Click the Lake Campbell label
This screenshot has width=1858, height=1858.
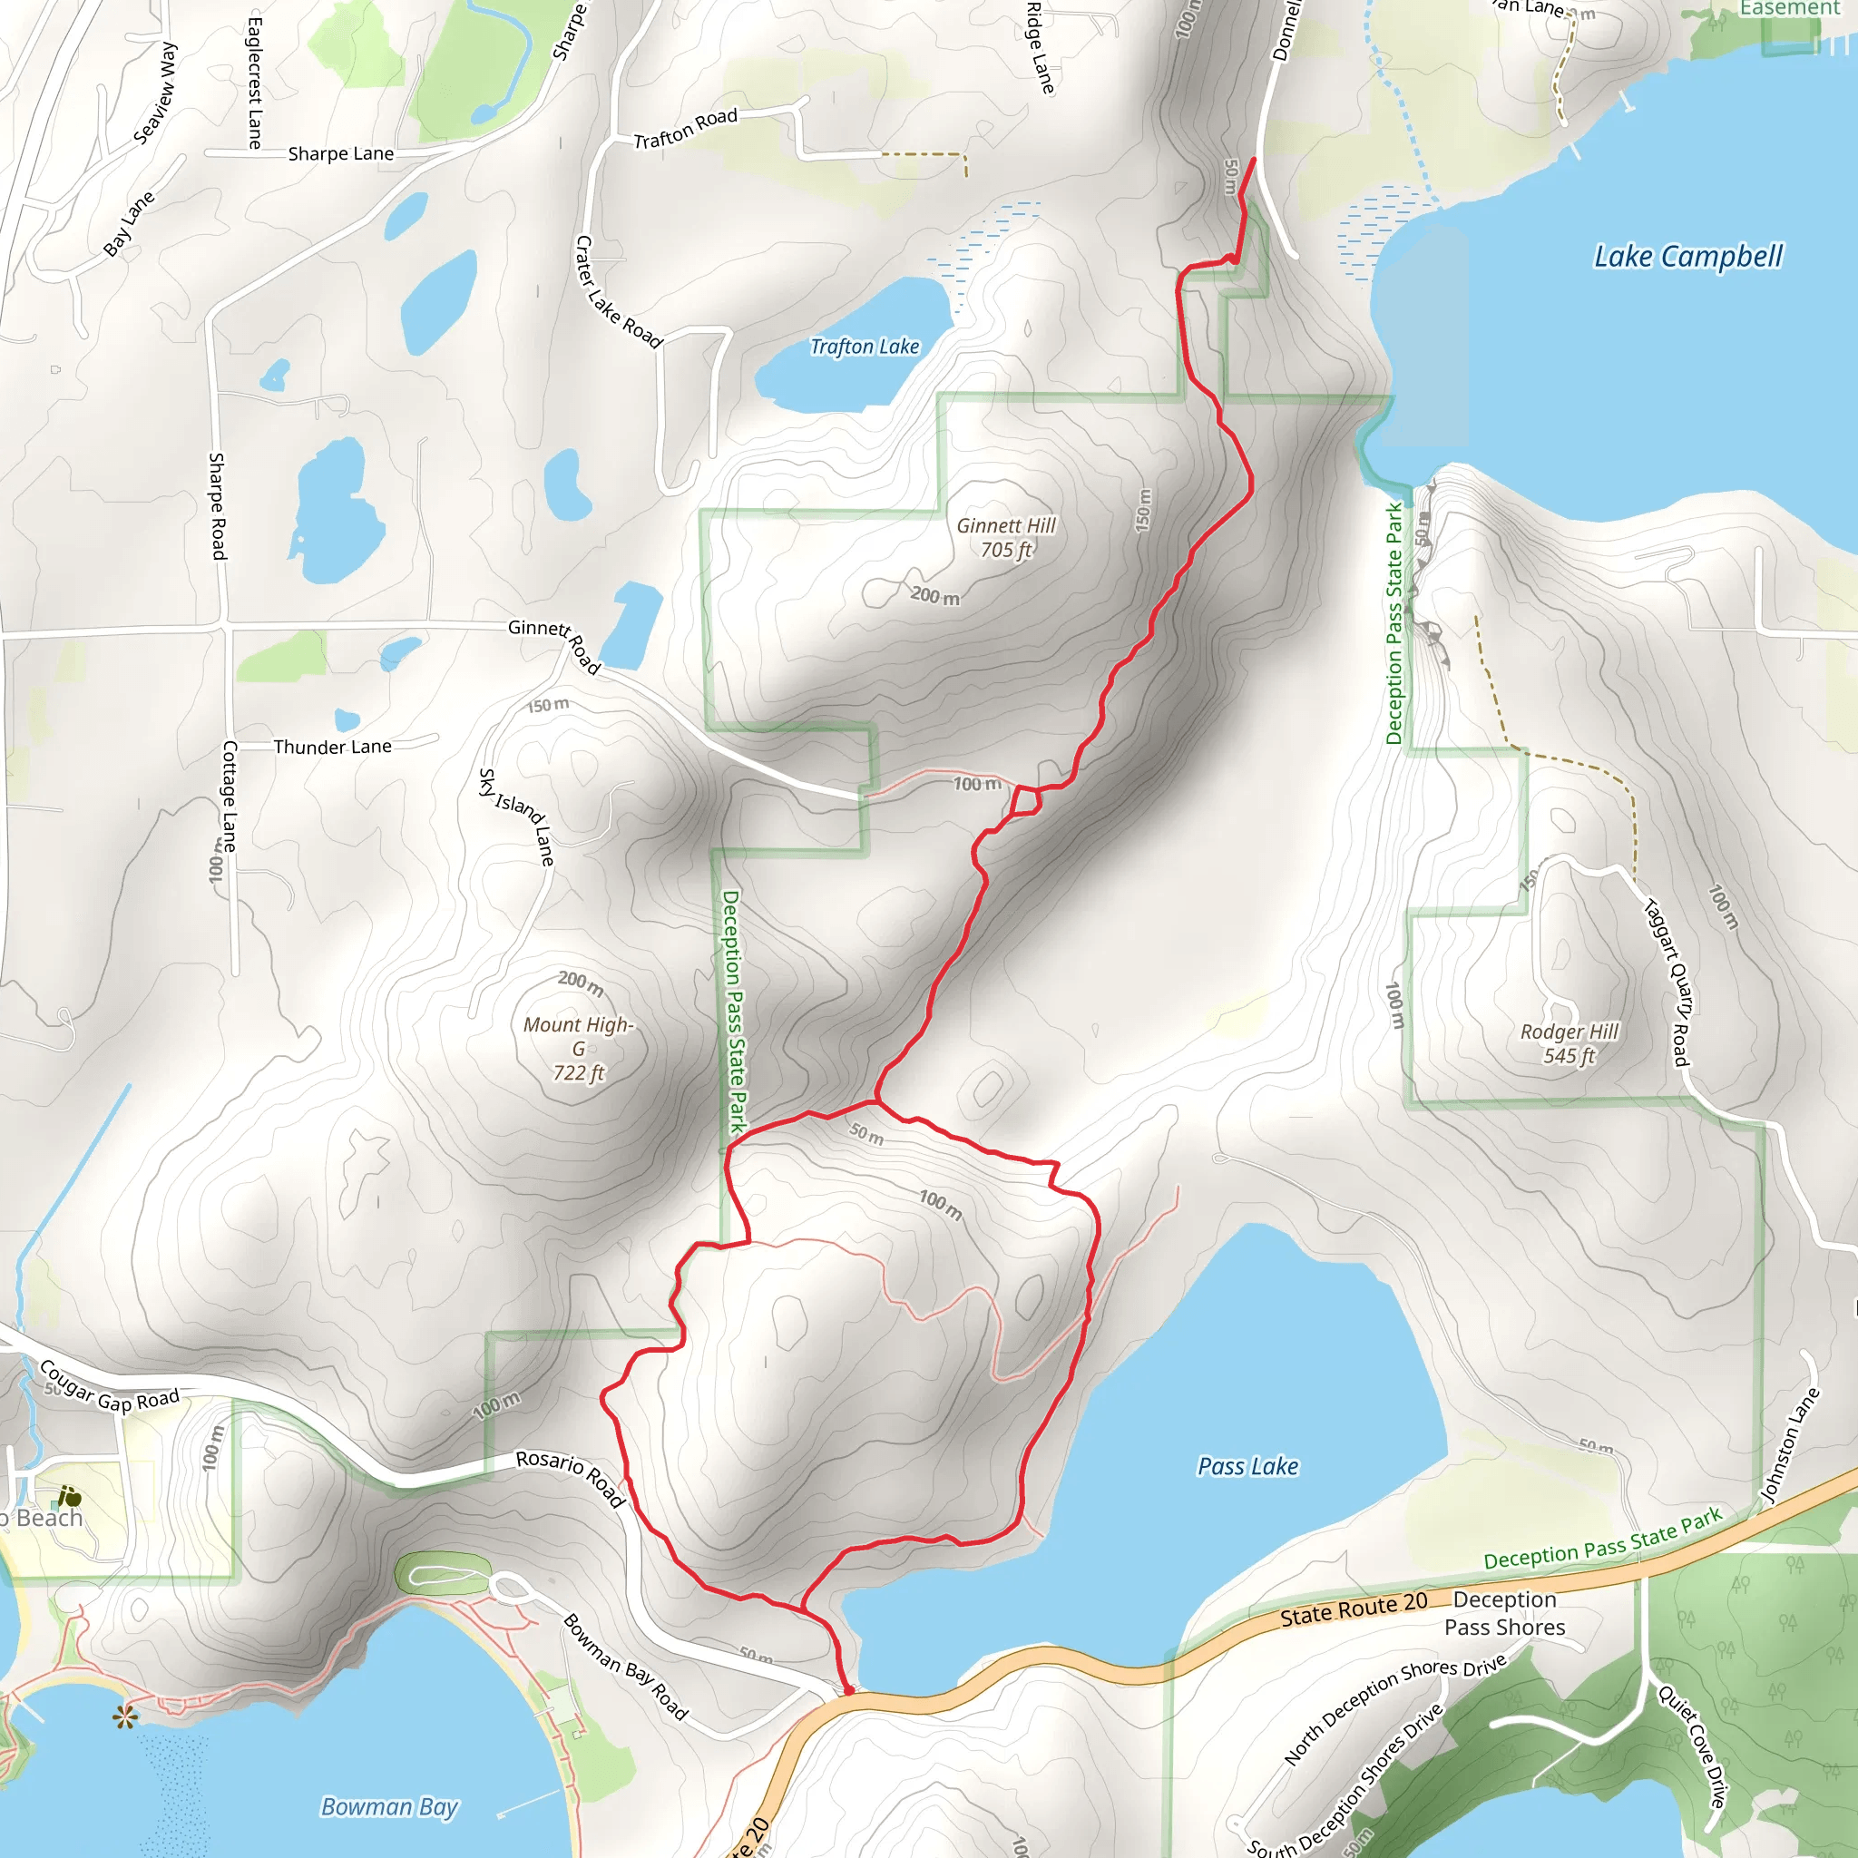[1687, 257]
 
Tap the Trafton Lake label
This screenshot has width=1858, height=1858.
[865, 347]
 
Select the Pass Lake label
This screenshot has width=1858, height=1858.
[1247, 1467]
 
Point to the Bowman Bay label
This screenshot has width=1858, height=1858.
[389, 1807]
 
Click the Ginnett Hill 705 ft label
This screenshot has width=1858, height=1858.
[1006, 538]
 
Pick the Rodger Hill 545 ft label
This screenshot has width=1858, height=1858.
[1570, 1043]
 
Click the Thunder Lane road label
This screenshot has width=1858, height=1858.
[332, 747]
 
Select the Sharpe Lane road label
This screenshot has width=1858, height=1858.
[340, 154]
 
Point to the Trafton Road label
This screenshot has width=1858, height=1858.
[685, 129]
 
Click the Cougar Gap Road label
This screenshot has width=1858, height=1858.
[110, 1387]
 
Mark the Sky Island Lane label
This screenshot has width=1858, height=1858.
[517, 817]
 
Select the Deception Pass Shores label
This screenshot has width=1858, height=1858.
[1504, 1613]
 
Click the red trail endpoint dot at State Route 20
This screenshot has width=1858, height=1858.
[848, 1689]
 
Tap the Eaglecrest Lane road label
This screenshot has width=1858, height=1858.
[255, 83]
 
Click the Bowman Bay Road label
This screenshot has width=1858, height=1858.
[625, 1667]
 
